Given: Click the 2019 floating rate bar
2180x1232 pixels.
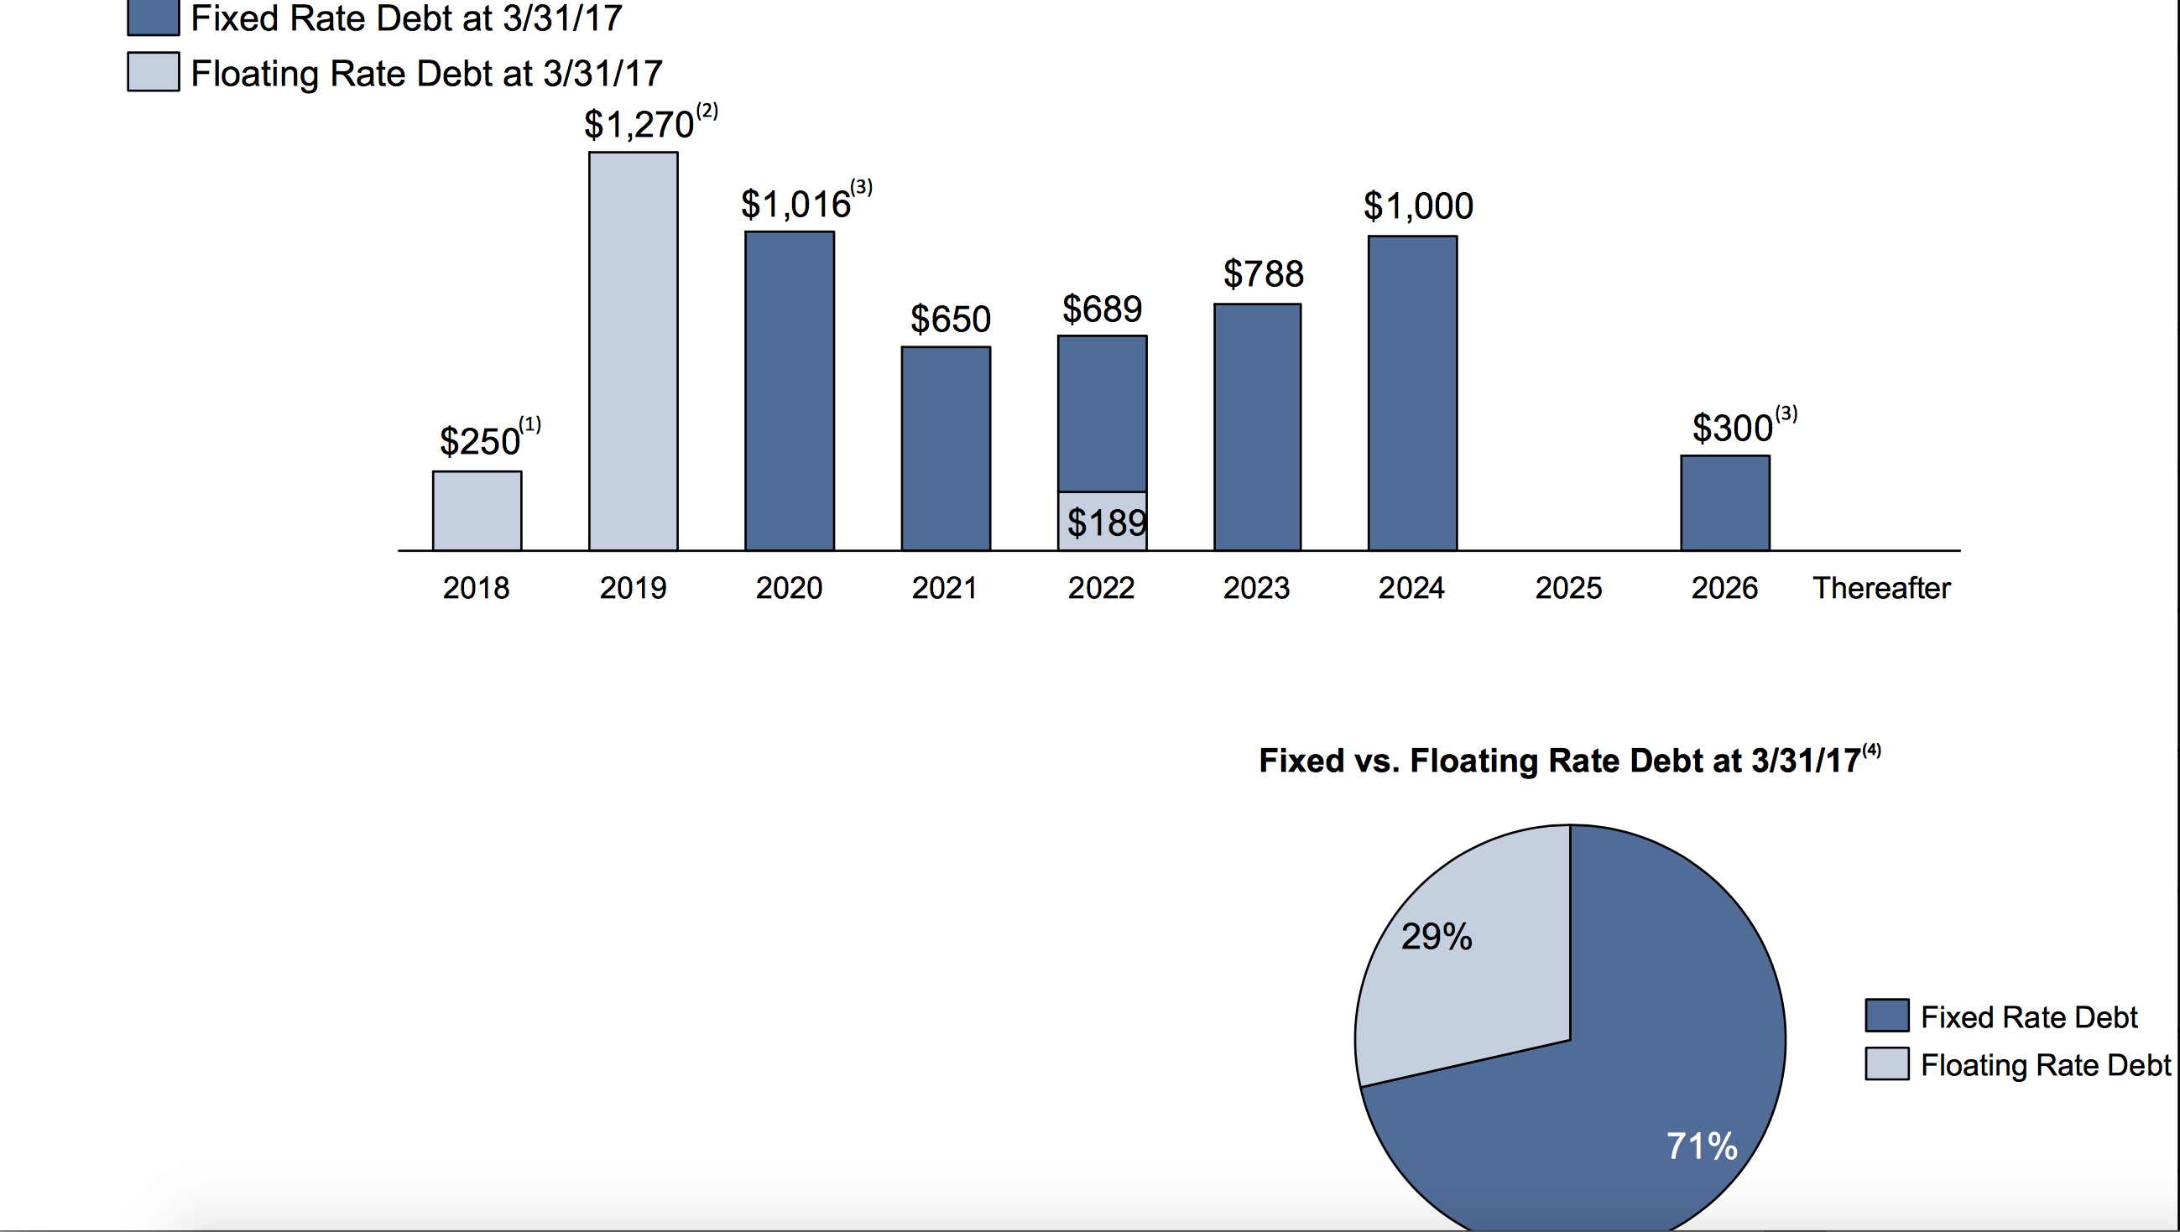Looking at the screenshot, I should (634, 351).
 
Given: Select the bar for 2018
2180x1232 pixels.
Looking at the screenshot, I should (477, 511).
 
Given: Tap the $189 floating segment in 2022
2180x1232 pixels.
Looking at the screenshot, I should (1103, 522).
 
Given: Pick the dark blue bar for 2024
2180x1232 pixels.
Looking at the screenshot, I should (1412, 393).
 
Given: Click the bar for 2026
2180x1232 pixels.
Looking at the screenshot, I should (1724, 503).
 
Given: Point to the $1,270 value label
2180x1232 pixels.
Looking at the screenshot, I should (639, 125).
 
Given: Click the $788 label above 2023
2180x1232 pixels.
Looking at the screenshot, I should (1263, 274).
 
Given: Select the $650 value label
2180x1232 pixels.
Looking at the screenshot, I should (950, 320).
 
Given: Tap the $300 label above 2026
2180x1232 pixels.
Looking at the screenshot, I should (1732, 429).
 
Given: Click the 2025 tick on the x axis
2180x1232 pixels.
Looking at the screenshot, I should (1568, 588).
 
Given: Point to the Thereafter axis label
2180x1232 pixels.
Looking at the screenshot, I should (1881, 588).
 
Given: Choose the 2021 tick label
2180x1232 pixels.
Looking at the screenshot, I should (944, 588).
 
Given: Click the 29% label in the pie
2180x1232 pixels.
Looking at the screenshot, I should (1436, 937).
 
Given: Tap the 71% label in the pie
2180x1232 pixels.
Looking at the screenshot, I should (1702, 1146).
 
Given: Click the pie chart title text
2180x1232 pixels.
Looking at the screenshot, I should (1560, 761).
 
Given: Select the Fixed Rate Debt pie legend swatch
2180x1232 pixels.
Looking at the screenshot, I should (1886, 1016).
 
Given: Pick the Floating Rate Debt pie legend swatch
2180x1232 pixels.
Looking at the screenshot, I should (1886, 1063).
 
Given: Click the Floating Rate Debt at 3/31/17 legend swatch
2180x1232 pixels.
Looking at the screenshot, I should (154, 72).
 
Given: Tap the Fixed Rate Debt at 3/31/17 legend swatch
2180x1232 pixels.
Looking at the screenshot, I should (154, 17).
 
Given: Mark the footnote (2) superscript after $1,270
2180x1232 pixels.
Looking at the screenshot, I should (707, 111).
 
